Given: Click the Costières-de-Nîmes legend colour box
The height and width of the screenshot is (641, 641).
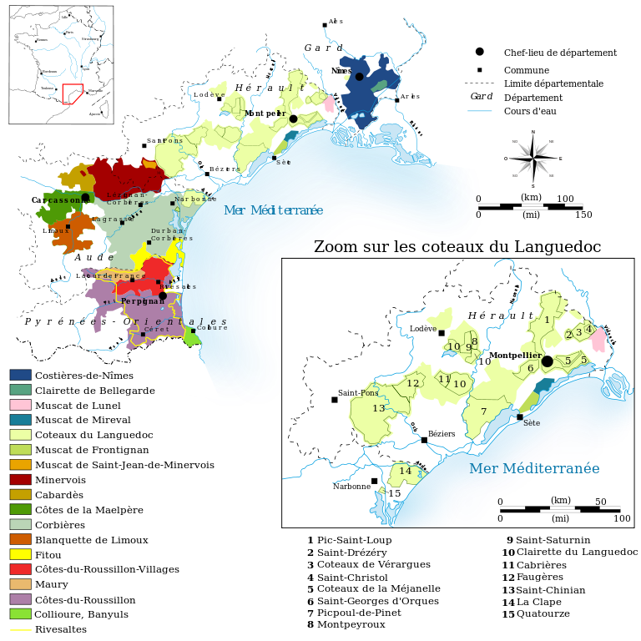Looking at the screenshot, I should click(x=20, y=375).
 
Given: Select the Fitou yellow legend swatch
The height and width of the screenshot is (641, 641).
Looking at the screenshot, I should click(x=20, y=554).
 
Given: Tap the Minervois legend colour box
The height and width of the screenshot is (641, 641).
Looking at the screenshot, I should click(x=20, y=479).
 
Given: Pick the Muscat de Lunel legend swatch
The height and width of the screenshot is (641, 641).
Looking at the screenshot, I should click(x=20, y=405).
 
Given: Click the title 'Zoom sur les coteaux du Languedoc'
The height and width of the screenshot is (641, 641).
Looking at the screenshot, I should click(x=457, y=247).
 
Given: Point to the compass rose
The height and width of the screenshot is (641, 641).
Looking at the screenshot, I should click(x=532, y=158).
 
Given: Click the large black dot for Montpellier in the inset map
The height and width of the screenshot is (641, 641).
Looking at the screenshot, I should click(x=547, y=361).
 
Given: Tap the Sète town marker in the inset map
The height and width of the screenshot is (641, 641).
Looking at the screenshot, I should click(x=520, y=416).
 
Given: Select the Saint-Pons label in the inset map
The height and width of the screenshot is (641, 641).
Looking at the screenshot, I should click(x=358, y=393).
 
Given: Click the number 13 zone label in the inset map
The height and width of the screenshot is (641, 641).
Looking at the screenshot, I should click(x=379, y=408).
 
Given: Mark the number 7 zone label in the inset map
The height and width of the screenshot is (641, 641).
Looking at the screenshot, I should click(x=483, y=411).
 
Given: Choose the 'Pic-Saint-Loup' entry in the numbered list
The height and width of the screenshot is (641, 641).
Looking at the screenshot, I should click(x=354, y=540).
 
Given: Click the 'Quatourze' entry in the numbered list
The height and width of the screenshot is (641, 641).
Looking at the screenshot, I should click(x=543, y=614).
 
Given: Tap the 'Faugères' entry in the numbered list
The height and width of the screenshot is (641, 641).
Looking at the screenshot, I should click(x=539, y=577).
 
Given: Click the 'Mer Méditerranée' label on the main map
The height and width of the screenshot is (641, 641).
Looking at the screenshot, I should click(x=273, y=210).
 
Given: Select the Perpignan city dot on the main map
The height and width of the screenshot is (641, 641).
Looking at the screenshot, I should click(x=163, y=295).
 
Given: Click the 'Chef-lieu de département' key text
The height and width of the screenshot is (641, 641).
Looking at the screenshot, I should click(x=560, y=53).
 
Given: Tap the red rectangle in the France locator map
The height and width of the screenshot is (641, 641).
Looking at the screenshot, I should click(x=73, y=93).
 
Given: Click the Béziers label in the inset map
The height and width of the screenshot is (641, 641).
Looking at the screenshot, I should click(x=442, y=434).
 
